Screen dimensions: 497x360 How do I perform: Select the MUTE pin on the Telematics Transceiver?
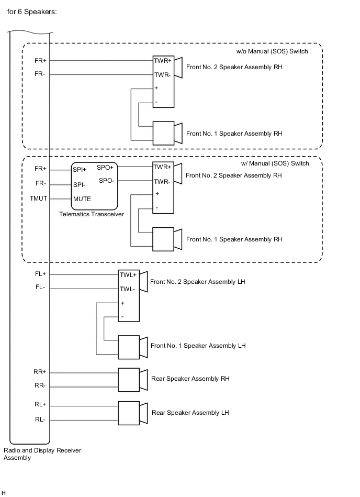82,199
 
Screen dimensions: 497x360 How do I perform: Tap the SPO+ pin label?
105,168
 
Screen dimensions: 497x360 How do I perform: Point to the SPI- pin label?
79,184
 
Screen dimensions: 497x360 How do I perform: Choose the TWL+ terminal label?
128,274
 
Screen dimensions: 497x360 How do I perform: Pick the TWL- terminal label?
127,289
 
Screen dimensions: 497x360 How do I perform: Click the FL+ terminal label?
40,274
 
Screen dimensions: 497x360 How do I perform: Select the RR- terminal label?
40,386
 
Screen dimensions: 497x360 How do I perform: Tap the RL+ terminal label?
40,404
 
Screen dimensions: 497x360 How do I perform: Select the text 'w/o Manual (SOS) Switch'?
272,51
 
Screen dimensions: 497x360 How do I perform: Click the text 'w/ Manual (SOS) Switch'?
275,163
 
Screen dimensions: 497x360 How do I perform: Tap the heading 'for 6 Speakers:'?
32,11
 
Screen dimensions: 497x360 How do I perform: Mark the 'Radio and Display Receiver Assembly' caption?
42,454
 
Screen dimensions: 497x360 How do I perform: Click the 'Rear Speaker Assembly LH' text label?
190,413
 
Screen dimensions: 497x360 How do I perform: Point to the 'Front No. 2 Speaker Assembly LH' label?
198,282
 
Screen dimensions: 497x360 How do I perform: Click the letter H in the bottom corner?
4,493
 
